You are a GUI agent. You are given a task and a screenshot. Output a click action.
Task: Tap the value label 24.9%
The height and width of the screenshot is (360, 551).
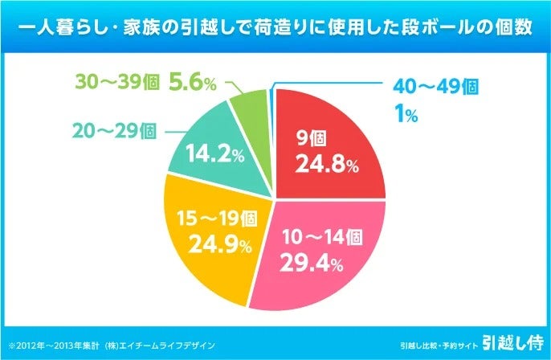[x=217, y=243]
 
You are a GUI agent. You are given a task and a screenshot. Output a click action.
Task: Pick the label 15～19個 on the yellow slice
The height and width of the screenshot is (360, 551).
[x=217, y=218]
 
